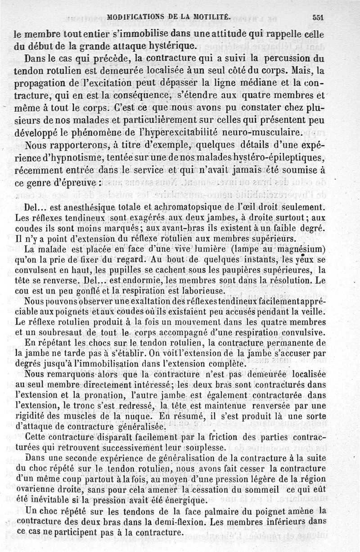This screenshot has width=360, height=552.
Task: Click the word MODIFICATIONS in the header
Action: pos(137,17)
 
